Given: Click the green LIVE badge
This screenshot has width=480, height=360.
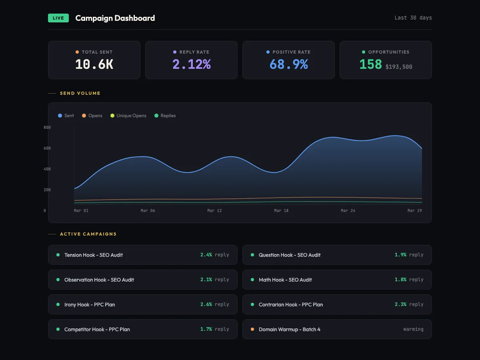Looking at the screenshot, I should click(58, 18).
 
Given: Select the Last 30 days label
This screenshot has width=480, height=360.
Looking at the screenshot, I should click(413, 18).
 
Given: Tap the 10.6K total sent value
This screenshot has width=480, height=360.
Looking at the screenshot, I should click(94, 64).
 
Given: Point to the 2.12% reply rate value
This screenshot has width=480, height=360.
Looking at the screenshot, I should click(191, 64).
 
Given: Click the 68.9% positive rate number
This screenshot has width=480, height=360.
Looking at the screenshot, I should click(288, 64).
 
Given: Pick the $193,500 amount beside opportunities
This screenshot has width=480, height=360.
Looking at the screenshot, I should click(399, 67).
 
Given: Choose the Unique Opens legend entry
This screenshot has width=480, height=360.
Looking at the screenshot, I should click(131, 116).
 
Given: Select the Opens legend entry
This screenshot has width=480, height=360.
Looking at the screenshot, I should click(95, 116).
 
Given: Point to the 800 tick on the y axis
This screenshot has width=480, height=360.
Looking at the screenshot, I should click(47, 127).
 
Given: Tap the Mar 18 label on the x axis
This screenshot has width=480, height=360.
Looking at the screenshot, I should click(281, 210).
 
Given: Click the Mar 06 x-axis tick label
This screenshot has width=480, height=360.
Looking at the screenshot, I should click(148, 210).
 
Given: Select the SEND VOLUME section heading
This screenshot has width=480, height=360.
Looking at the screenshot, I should click(80, 93).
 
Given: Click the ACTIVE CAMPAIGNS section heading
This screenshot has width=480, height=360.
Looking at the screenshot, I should click(88, 234).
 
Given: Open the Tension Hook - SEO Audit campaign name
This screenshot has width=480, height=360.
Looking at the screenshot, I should click(94, 255).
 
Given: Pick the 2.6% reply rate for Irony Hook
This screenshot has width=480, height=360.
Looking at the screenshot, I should click(206, 304).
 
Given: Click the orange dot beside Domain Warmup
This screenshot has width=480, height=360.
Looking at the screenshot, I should click(252, 329).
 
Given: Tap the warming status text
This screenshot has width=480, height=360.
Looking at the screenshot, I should click(413, 329).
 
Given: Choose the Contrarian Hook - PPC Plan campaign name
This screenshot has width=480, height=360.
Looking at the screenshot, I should click(291, 304).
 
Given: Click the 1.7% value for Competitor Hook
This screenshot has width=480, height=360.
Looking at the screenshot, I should click(206, 329).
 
